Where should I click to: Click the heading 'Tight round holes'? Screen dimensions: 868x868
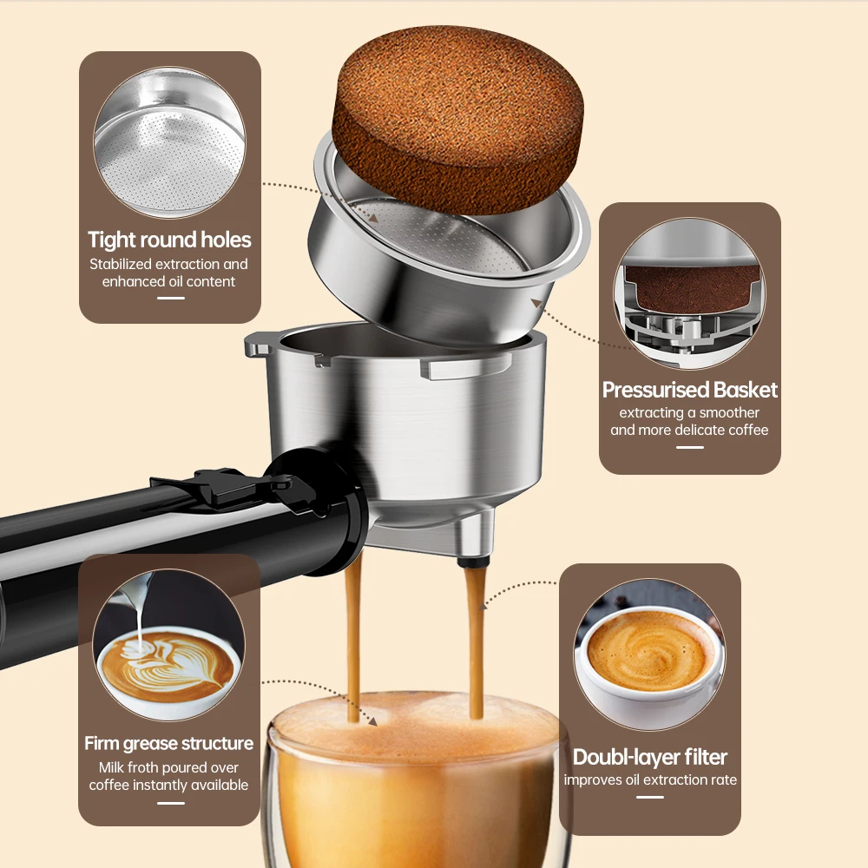169,240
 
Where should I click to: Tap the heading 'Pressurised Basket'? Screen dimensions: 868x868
690,391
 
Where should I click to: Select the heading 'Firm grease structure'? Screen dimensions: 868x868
169,744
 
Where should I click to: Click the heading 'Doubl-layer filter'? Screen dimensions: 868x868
650,757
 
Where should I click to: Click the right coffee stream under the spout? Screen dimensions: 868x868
475,642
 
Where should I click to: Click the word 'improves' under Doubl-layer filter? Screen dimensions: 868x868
593,779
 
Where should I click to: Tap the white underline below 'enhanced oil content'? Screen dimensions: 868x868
171,298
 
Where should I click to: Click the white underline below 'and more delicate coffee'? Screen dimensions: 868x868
690,447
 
